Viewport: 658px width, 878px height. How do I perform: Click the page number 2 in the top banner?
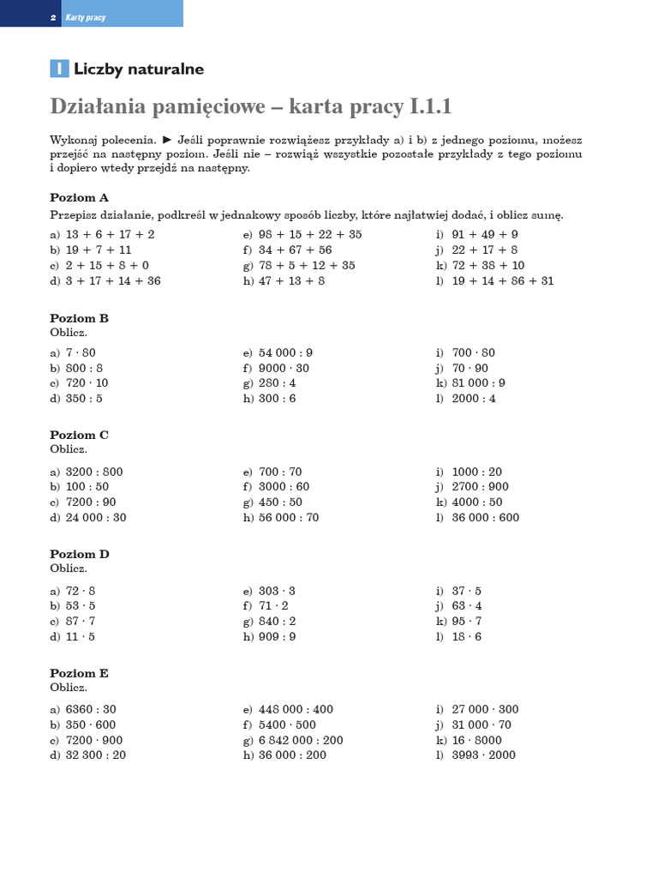pyautogui.click(x=53, y=17)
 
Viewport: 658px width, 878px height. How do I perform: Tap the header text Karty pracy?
pyautogui.click(x=86, y=17)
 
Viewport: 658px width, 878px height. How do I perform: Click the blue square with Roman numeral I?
pyautogui.click(x=59, y=69)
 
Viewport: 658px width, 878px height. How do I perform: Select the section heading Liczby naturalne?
pyautogui.click(x=139, y=69)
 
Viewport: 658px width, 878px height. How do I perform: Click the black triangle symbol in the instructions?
pyautogui.click(x=168, y=138)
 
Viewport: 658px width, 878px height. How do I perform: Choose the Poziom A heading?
pyautogui.click(x=79, y=197)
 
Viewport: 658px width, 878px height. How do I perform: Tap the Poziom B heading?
pyautogui.click(x=79, y=318)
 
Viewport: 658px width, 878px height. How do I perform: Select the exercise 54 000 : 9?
pyautogui.click(x=285, y=352)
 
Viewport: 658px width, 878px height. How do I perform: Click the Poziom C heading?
pyautogui.click(x=79, y=435)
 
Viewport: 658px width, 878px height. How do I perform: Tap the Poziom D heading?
pyautogui.click(x=79, y=554)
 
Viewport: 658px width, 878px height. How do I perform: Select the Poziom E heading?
pyautogui.click(x=79, y=673)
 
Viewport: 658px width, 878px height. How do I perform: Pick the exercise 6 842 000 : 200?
pyautogui.click(x=301, y=740)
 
